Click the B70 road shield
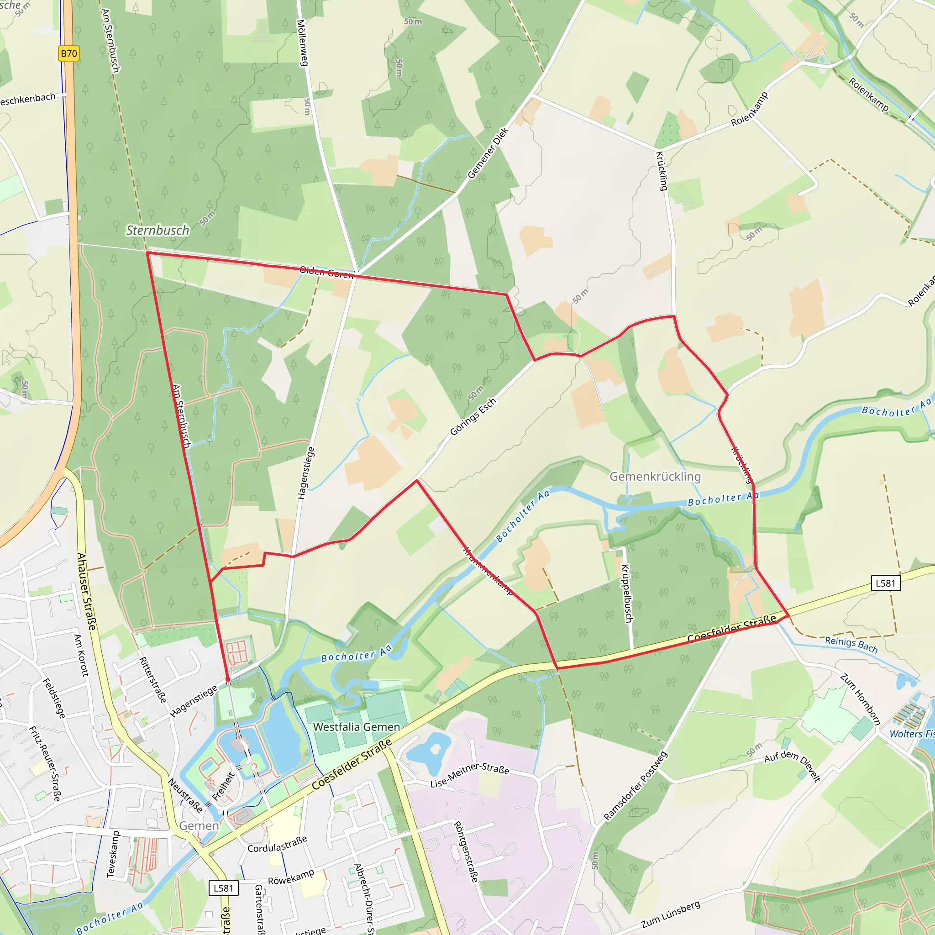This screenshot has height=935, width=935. [x=69, y=53]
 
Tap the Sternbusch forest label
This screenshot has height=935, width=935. [x=158, y=231]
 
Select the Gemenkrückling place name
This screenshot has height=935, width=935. [x=655, y=477]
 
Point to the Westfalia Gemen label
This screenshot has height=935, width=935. [x=357, y=727]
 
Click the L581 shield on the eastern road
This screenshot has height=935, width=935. [x=885, y=583]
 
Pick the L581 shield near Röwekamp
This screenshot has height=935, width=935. [x=224, y=888]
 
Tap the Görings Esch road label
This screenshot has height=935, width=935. [x=473, y=417]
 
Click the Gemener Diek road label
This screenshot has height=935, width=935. [x=488, y=153]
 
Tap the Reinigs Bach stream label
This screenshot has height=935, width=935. [x=851, y=645]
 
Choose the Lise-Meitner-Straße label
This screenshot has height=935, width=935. [x=469, y=775]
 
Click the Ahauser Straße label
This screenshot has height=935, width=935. [x=87, y=591]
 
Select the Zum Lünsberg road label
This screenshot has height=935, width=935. [x=671, y=914]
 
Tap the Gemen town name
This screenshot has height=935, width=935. [x=199, y=825]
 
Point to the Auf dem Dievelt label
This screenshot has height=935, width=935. [x=793, y=765]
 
